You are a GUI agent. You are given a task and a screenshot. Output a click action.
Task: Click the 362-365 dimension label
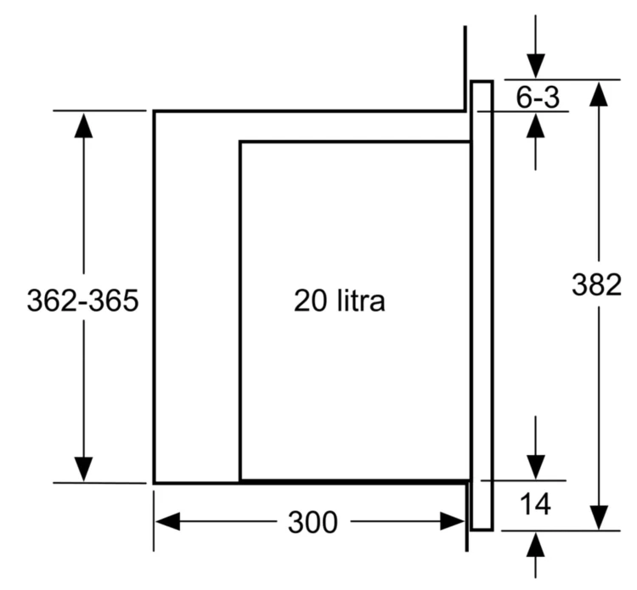(83, 301)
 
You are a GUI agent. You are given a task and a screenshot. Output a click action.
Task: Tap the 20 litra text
(339, 301)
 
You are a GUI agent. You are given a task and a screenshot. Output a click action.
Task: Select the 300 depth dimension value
(313, 522)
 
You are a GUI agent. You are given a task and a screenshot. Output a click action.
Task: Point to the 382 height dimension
(597, 284)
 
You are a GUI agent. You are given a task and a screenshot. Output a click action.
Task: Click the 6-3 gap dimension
(538, 97)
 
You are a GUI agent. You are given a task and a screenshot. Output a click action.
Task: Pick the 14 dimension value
(535, 504)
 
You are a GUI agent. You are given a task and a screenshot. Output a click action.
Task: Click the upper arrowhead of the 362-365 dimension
(84, 125)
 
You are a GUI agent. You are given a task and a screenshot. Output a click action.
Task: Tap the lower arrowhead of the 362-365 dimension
(84, 469)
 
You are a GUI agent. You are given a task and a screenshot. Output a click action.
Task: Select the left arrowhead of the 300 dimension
(167, 521)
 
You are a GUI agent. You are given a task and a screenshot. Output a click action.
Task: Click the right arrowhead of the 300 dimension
(453, 521)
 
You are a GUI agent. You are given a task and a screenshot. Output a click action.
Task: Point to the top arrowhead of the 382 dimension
(599, 93)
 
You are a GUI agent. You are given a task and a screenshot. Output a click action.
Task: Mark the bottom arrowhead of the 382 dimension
(599, 517)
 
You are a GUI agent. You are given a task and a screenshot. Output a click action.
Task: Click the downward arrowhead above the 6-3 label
(536, 65)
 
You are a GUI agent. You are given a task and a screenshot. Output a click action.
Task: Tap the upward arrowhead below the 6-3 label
(535, 126)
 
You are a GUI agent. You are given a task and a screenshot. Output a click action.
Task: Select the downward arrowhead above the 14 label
(536, 468)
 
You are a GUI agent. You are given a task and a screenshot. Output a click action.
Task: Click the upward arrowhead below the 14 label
(535, 545)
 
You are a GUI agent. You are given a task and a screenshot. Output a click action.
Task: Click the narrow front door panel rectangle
(482, 306)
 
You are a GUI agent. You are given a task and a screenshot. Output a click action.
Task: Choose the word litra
(361, 301)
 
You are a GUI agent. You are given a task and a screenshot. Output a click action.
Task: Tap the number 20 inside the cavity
(310, 301)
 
